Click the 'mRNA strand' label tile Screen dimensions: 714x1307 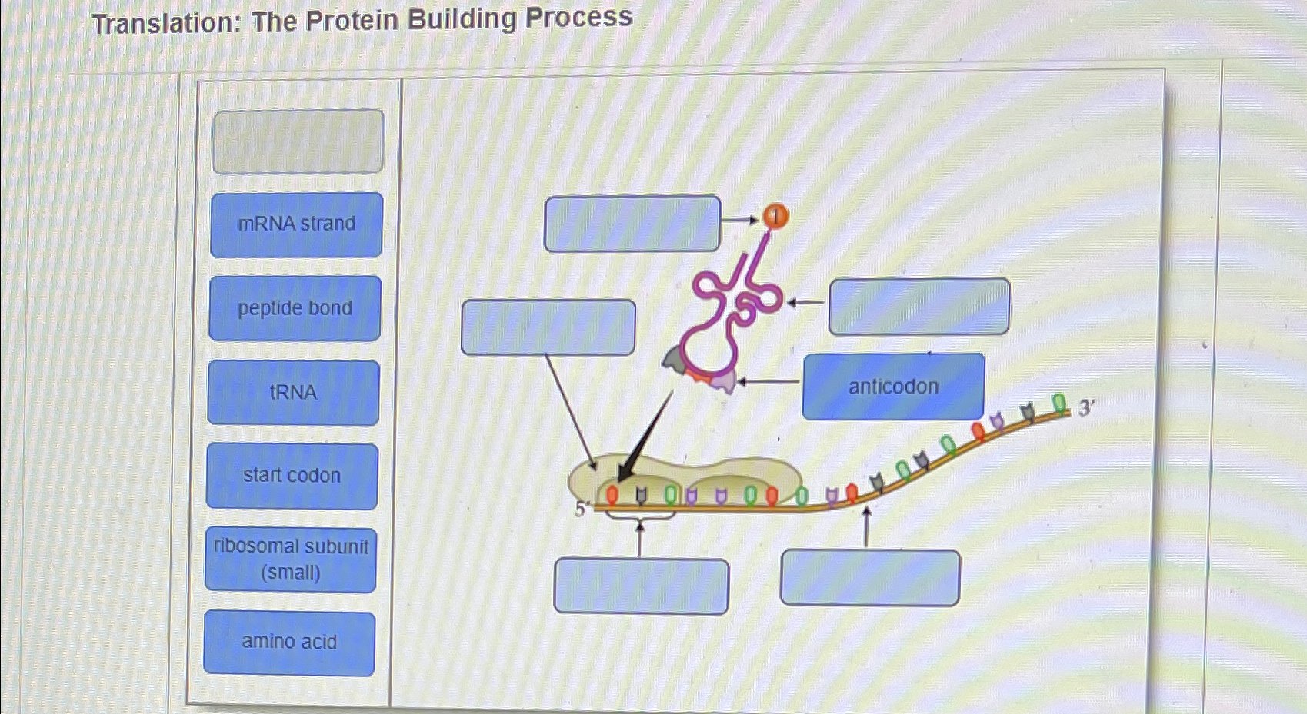pyautogui.click(x=296, y=224)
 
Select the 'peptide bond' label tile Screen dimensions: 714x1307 pyautogui.click(x=295, y=308)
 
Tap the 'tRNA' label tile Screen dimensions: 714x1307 pyautogui.click(x=293, y=393)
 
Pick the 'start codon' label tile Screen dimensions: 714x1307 pyautogui.click(x=292, y=476)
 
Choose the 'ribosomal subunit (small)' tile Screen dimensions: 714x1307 pyautogui.click(x=291, y=560)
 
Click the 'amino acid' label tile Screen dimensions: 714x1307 pyautogui.click(x=289, y=643)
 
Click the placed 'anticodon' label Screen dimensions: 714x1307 pyautogui.click(x=893, y=387)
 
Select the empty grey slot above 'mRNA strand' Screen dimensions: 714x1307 pyautogui.click(x=298, y=141)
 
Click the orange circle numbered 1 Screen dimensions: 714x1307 pyautogui.click(x=775, y=218)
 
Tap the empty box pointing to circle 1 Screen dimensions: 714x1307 pyautogui.click(x=632, y=224)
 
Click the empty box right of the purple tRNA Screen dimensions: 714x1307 pyautogui.click(x=919, y=307)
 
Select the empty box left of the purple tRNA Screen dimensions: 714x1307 pyautogui.click(x=548, y=327)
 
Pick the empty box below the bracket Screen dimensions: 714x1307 pyautogui.click(x=641, y=586)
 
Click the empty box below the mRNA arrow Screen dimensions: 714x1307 pyautogui.click(x=870, y=577)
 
